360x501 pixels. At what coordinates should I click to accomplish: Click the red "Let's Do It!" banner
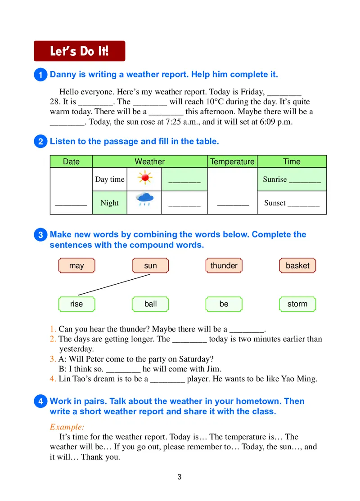click(x=80, y=51)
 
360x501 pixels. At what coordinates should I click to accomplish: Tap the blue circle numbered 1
click(x=40, y=75)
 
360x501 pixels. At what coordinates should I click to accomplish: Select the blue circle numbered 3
click(x=40, y=235)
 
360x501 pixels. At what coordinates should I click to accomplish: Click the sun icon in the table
click(x=144, y=179)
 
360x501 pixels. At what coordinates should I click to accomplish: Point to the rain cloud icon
click(x=144, y=199)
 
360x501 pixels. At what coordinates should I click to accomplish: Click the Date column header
click(x=71, y=161)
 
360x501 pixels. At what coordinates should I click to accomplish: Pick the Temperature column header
click(x=232, y=161)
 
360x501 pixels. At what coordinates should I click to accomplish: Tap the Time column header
click(x=292, y=161)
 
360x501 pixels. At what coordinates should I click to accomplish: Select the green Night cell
click(x=109, y=203)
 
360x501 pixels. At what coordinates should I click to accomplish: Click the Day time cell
click(x=109, y=179)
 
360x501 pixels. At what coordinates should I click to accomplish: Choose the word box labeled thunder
click(x=224, y=265)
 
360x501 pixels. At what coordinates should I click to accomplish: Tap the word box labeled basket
click(x=297, y=265)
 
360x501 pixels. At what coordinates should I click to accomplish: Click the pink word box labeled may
click(x=76, y=265)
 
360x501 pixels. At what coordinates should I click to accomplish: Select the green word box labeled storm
click(x=297, y=304)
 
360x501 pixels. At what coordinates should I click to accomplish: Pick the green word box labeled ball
click(x=150, y=304)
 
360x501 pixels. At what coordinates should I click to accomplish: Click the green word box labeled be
click(x=224, y=304)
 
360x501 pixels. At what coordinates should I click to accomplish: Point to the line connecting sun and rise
click(x=114, y=285)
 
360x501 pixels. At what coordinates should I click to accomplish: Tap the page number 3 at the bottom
click(x=180, y=477)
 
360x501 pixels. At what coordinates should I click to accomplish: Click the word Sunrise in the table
click(x=274, y=179)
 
